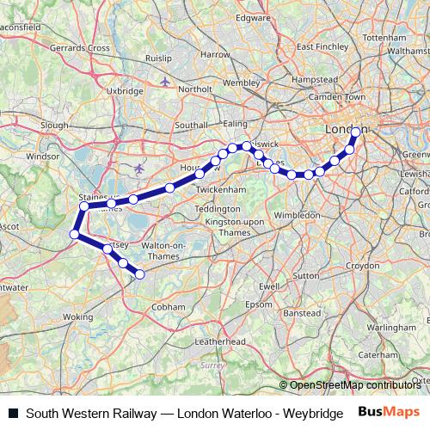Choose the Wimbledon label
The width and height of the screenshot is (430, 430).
point(297,215)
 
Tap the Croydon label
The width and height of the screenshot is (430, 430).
point(362,266)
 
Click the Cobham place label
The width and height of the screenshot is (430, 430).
point(169,306)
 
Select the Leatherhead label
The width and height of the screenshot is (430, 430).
point(219,341)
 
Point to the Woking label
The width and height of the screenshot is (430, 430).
point(78,317)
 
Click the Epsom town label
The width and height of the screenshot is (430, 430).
point(258,304)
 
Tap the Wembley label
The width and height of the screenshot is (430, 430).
point(241,83)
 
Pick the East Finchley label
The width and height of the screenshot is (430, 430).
point(315,46)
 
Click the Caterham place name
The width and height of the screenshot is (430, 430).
point(378,353)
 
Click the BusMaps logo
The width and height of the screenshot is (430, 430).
point(389,413)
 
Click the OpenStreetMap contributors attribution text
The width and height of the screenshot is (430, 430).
point(353,384)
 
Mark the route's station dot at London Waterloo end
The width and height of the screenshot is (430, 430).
point(356,132)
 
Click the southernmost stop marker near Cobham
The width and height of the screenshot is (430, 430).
point(139,274)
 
